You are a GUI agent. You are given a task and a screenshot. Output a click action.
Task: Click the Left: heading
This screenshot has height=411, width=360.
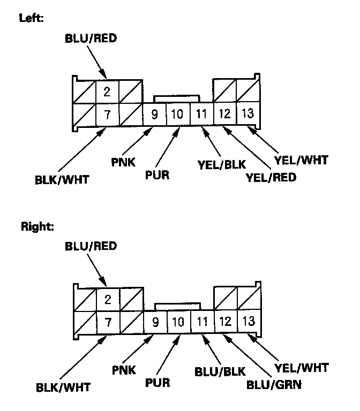coord(31,18)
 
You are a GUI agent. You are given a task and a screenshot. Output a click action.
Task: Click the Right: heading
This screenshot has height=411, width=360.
coord(37,226)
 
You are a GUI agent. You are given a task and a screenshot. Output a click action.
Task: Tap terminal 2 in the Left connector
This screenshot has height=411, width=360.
coord(107,91)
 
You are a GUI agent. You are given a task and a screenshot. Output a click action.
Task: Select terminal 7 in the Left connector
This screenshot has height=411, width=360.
coord(107,113)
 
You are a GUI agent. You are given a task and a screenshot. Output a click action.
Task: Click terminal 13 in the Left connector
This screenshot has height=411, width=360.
coord(247,113)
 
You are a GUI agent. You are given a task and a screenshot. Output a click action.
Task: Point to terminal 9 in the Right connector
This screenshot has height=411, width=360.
coord(155,322)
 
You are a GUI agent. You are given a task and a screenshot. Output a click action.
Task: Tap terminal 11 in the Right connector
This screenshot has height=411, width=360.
coord(201,322)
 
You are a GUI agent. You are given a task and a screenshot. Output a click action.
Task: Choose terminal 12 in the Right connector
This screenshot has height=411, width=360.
coord(225,322)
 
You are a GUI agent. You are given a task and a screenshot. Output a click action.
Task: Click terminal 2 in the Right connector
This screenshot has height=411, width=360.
coord(108,299)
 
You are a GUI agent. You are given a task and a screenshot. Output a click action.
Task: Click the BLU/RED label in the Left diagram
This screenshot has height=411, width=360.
coord(90,39)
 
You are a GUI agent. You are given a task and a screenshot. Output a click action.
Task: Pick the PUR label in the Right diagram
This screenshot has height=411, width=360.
coord(157,383)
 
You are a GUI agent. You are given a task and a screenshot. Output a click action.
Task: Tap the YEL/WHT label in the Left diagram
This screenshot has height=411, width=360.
coord(301,159)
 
